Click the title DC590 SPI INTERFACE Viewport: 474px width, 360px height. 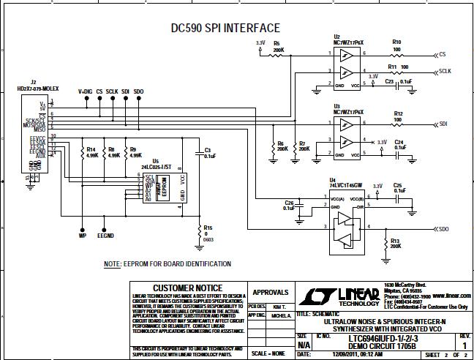[x=220, y=28]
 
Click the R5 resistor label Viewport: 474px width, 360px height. [x=276, y=44]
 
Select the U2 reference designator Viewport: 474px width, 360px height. [x=336, y=36]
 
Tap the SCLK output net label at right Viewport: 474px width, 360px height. [x=445, y=71]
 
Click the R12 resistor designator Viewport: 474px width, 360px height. [x=398, y=113]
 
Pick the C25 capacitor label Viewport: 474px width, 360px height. [x=398, y=186]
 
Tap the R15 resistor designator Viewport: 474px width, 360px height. [x=208, y=228]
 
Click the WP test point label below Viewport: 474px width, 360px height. [x=82, y=236]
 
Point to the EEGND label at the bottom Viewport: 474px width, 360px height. [x=106, y=236]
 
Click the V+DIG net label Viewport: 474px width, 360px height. [x=86, y=91]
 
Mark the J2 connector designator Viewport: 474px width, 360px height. [x=34, y=82]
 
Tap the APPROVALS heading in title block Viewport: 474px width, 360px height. [x=271, y=291]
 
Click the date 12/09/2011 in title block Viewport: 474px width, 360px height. [x=342, y=354]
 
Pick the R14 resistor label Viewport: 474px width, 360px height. [x=93, y=149]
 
